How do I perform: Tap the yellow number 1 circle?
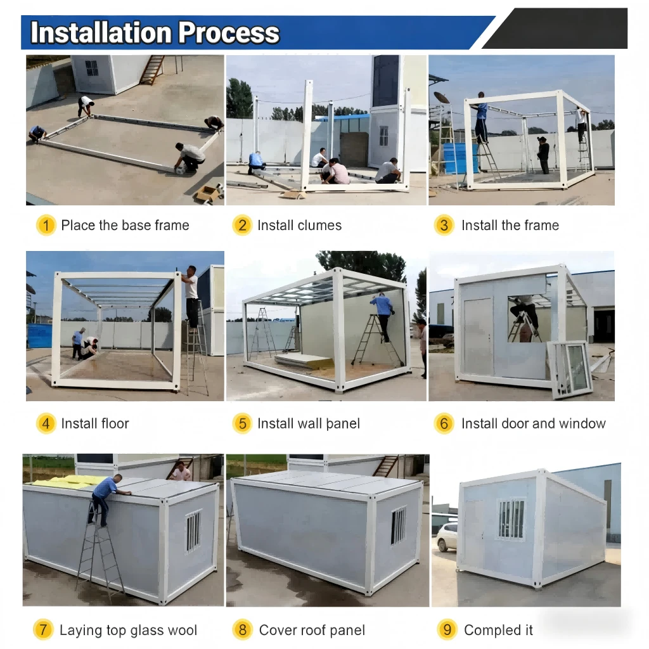pos(46,225)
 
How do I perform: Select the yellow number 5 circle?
pos(242,423)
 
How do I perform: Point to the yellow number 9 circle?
pos(447,629)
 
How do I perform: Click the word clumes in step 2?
pos(320,225)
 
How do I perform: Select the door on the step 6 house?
pos(477,336)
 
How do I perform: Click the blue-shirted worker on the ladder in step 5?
pos(383,316)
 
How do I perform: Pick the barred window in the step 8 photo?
pos(399,526)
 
